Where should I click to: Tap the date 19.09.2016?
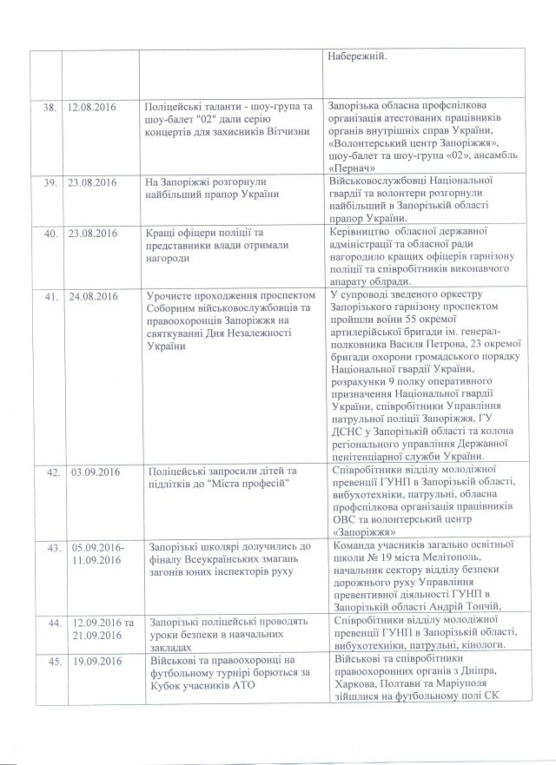pyautogui.click(x=92, y=663)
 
